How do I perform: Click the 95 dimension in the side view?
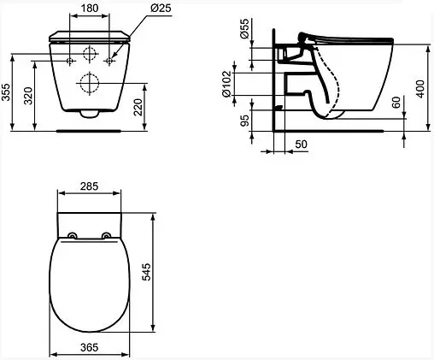pos(243,121)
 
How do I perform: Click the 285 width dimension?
pos(88,184)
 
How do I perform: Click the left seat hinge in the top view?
pos(72,235)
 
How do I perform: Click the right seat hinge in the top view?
pos(104,235)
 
